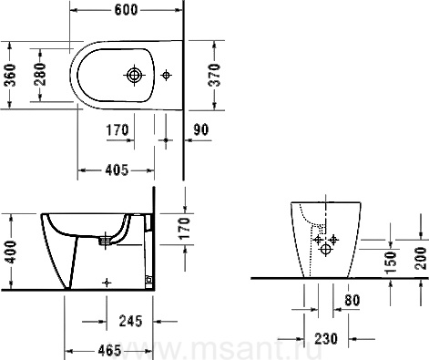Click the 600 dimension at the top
point(126,10)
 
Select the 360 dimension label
point(11,75)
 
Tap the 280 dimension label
point(41,75)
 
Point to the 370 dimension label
point(215,75)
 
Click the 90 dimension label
point(201,129)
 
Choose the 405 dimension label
point(117,170)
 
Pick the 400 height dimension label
point(11,252)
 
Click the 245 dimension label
point(130,321)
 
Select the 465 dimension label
point(109,351)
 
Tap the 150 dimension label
point(391,262)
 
